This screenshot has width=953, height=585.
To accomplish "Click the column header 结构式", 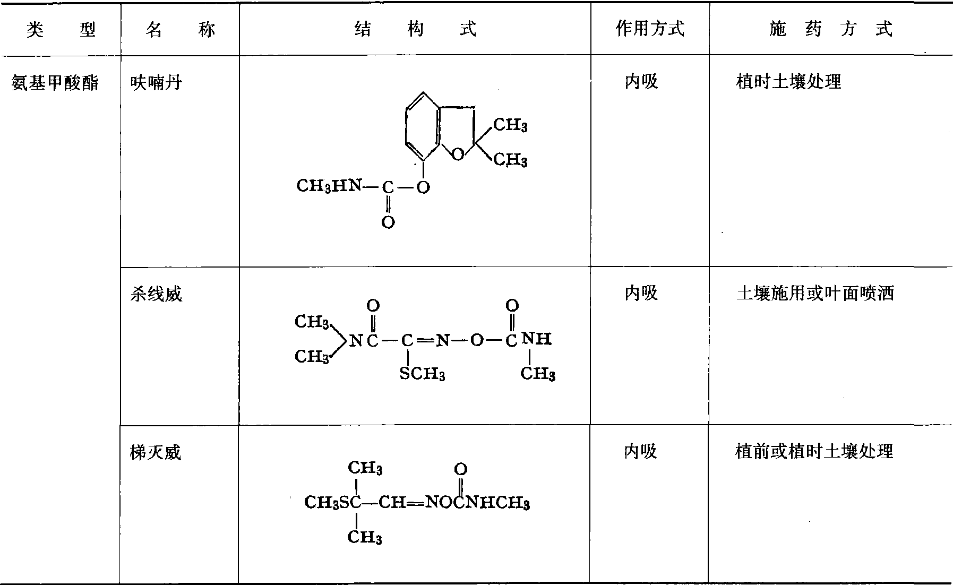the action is pos(415,29).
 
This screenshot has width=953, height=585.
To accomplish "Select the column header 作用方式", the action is pos(650,29).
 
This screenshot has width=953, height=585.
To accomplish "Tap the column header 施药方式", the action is pos(831,29).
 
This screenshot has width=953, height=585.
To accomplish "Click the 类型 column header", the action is pos(61,30).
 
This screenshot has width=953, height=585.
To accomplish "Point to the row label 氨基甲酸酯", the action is pos(55,83).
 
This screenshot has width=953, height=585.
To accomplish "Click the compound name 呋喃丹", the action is pos(156,83).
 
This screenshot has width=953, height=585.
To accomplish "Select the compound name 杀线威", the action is pos(156,294).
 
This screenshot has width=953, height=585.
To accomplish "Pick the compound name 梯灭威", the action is pos(156,452).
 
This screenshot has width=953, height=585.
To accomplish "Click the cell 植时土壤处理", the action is pos(788,82).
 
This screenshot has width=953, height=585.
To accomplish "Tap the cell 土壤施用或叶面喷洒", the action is pos(815,293).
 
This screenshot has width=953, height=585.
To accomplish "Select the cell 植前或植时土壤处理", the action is pos(814,451).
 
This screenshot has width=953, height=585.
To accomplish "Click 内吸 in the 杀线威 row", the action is pos(641,292).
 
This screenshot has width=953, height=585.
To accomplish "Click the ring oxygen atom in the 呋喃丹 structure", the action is pos(458,154).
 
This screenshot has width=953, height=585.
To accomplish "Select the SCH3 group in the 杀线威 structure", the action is pos(422,374).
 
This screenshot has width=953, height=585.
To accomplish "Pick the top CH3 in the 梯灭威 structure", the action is pos(365,468).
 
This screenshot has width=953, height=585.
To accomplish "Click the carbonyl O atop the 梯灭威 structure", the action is pos(460,469).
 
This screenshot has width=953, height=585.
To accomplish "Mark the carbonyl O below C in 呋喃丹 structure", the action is pos(388,222).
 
